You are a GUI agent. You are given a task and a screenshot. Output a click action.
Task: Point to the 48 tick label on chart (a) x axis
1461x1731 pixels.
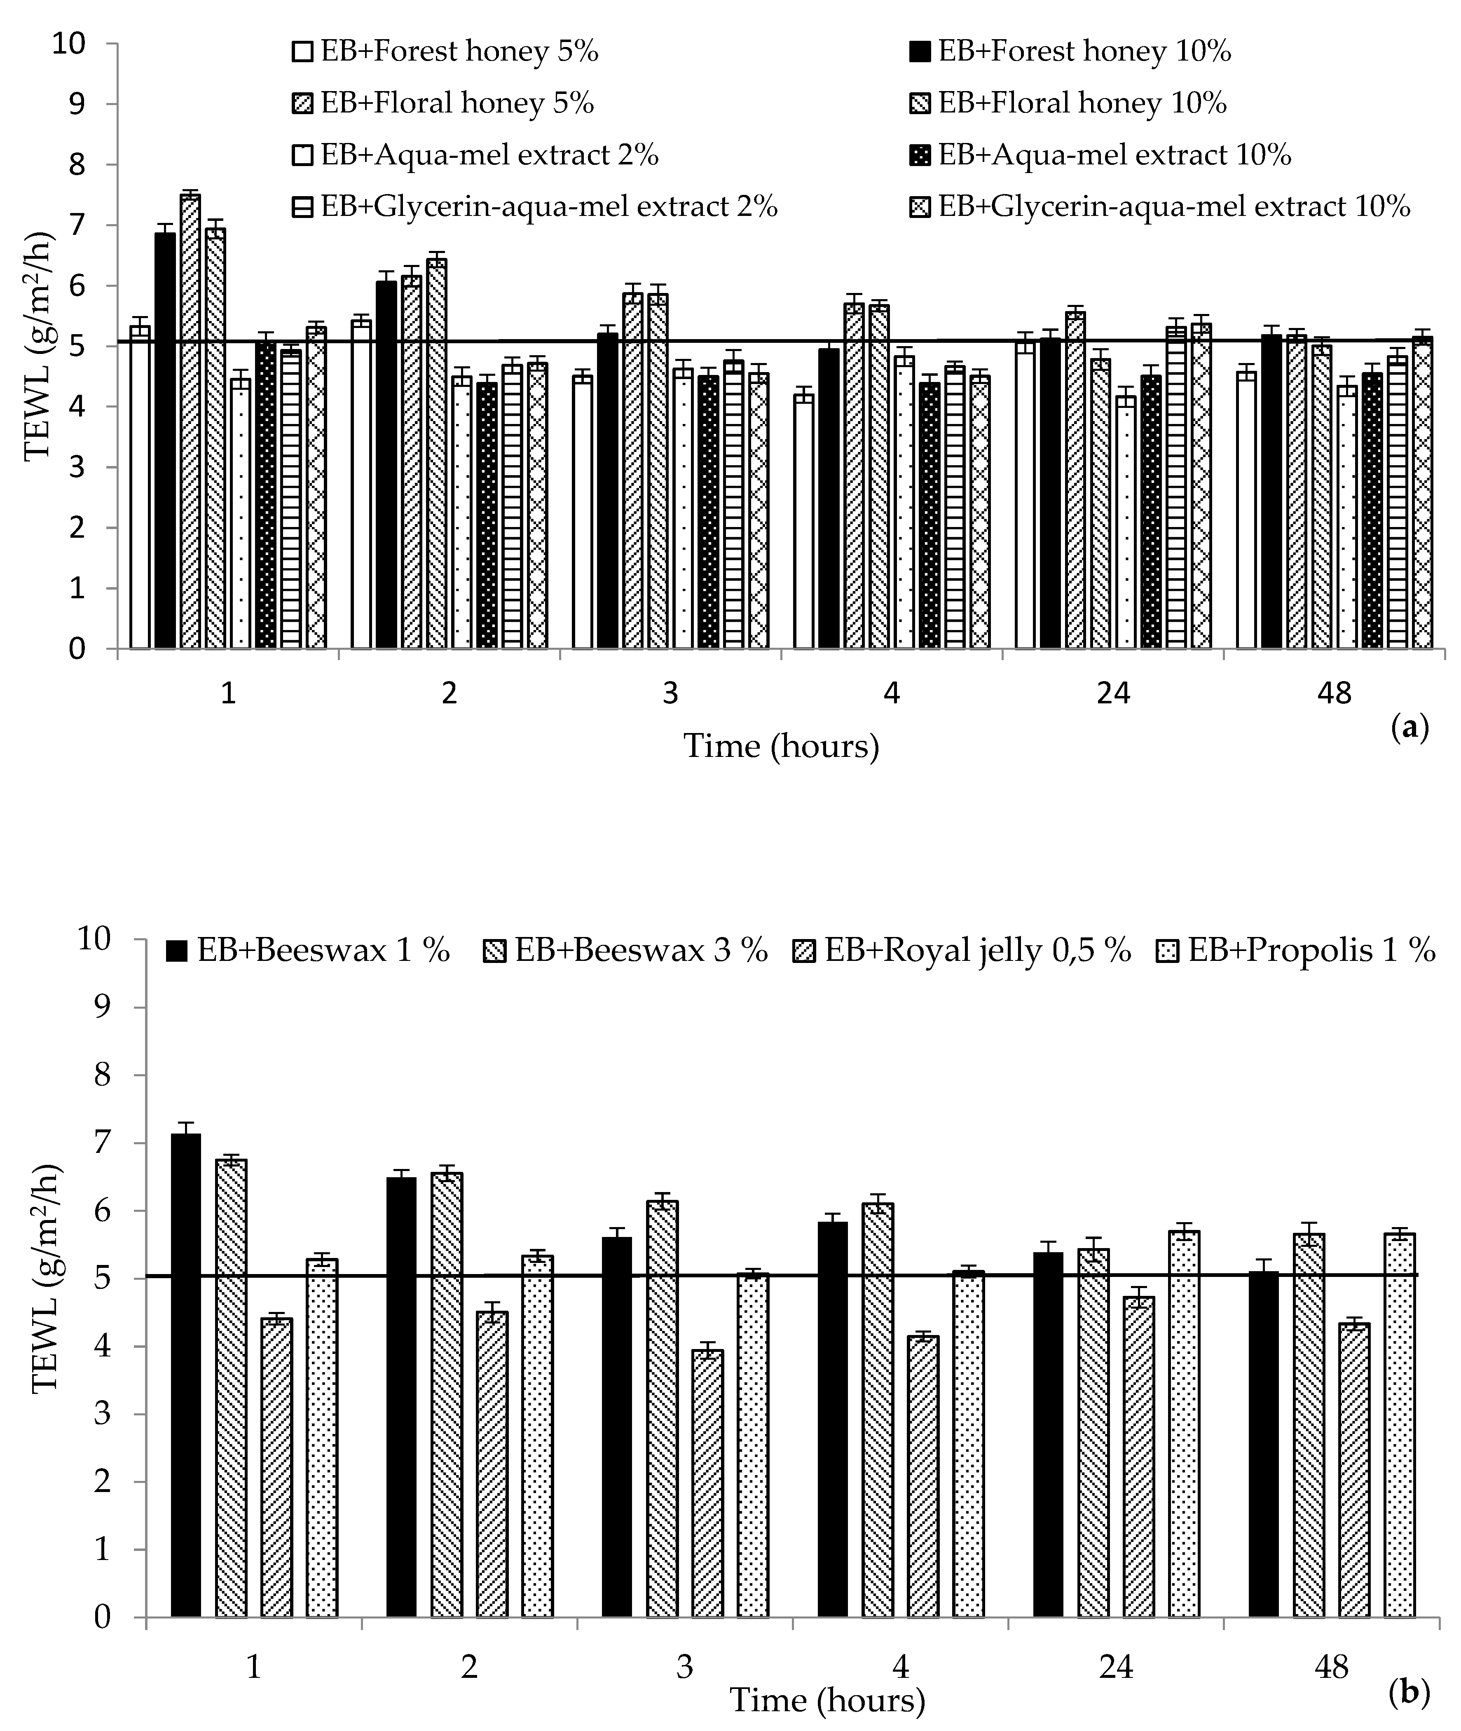pyautogui.click(x=1333, y=692)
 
